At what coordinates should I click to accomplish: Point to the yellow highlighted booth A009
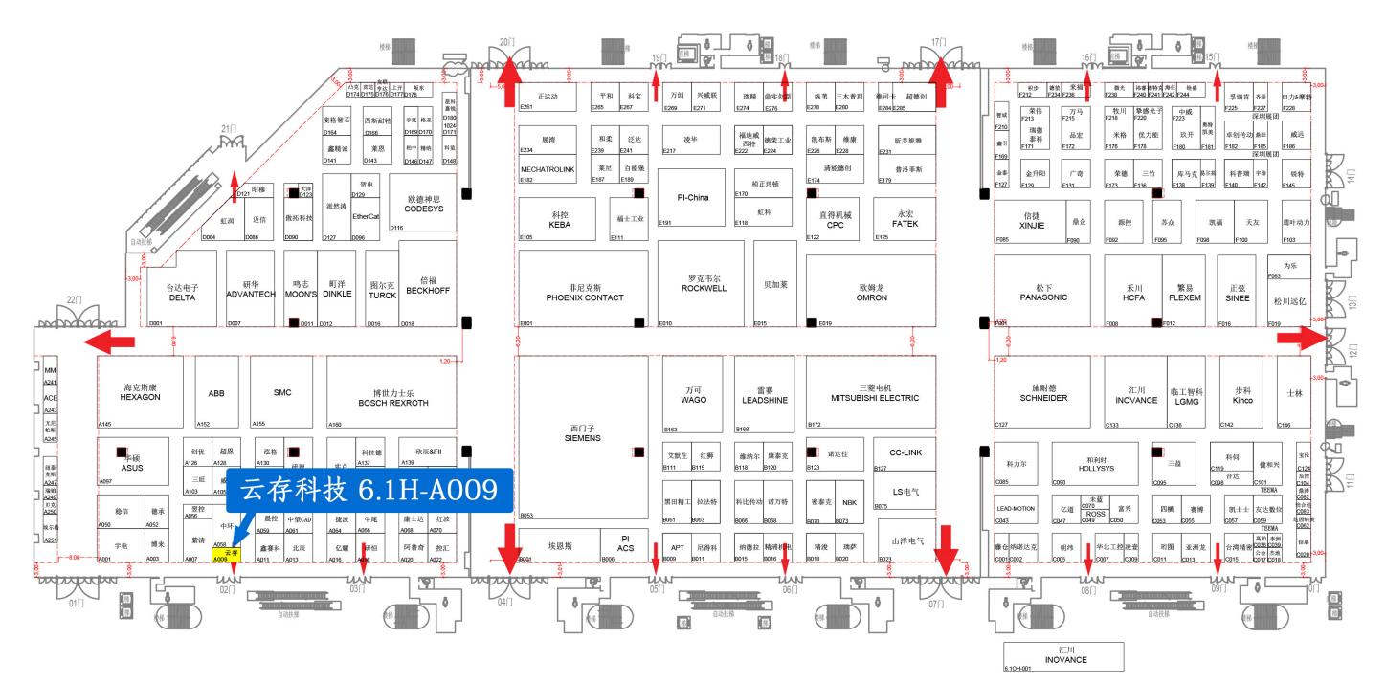pyautogui.click(x=226, y=554)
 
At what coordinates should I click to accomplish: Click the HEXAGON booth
pyautogui.click(x=141, y=392)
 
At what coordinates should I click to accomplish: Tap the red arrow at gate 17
pyautogui.click(x=939, y=70)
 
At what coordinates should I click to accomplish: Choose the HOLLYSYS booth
pyautogui.click(x=1093, y=462)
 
